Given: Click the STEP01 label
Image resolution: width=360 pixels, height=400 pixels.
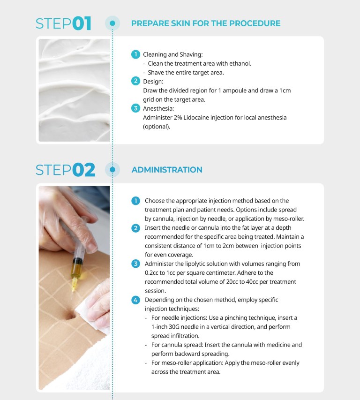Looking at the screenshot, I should tap(64, 23).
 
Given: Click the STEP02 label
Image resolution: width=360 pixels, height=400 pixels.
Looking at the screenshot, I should tap(65, 170).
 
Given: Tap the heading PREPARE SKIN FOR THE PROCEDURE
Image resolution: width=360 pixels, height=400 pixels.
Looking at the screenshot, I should tap(206, 23).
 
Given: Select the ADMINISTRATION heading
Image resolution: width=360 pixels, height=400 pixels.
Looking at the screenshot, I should tap(167, 170).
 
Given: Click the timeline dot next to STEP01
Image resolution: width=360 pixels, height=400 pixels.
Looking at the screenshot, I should tap(112, 23).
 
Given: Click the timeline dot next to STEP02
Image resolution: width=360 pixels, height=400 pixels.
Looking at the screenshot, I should tap(112, 170).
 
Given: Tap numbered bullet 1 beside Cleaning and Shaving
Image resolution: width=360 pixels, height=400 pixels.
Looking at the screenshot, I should tap(135, 54).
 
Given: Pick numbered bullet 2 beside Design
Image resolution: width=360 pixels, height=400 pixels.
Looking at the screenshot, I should tap(135, 81).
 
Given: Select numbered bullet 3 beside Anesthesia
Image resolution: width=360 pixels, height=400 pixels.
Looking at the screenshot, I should tap(135, 108).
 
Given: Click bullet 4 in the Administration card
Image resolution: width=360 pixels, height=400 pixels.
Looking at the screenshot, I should tap(135, 299).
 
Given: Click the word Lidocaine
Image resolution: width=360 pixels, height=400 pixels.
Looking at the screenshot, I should tap(193, 117).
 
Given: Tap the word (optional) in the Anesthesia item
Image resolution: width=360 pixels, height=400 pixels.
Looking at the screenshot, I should tap(157, 126).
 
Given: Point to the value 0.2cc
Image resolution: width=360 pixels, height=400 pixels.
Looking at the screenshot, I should tap(154, 272).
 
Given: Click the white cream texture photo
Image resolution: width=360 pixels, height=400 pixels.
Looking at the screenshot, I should tap(74, 90).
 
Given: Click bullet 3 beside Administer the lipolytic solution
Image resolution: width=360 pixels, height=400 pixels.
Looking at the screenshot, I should tap(135, 264).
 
